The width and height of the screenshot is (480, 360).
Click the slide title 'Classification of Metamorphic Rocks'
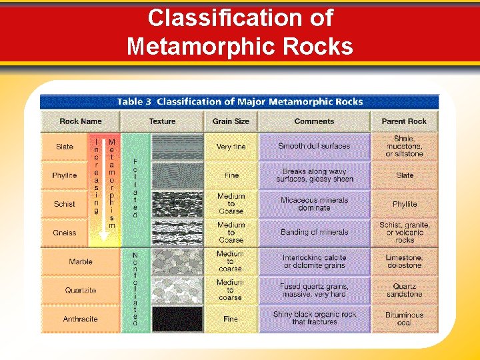(240, 32)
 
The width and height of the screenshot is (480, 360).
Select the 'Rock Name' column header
(81, 121)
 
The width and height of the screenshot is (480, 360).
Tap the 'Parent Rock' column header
(404, 121)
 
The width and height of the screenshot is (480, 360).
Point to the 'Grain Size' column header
(231, 121)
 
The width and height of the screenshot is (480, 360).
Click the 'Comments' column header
(314, 121)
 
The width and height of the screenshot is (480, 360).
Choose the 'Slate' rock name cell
(65, 147)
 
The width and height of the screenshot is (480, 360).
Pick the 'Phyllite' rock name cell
(65, 175)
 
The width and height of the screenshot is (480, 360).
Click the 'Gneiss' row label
(65, 233)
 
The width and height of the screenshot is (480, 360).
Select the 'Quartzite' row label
(81, 290)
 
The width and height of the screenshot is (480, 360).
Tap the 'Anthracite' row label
(81, 319)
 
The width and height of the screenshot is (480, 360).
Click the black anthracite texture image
(177, 319)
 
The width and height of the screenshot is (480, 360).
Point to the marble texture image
(177, 261)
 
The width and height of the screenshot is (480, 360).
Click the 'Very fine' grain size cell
(231, 147)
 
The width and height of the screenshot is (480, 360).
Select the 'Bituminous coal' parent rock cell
(404, 319)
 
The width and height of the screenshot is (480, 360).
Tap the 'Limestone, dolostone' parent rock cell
(404, 261)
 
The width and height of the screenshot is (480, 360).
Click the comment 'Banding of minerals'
(314, 232)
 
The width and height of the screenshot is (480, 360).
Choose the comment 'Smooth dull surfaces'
(314, 147)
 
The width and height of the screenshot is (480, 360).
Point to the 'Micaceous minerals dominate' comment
(314, 204)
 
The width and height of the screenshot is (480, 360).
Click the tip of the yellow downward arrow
(104, 241)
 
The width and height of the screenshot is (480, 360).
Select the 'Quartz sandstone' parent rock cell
(404, 290)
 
